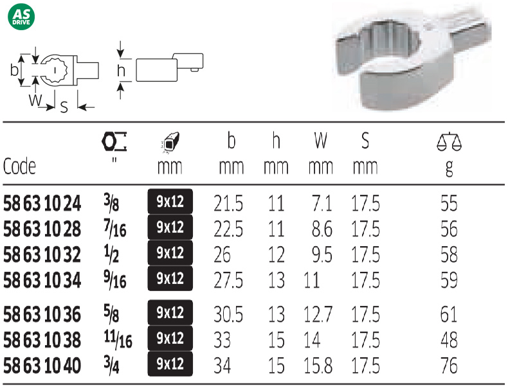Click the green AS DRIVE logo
21,17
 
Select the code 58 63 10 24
42,204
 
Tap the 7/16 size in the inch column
115,228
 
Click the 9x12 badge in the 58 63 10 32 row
170,253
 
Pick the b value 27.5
228,280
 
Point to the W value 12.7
318,314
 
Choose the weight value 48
449,340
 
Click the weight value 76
449,366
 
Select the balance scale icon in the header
449,141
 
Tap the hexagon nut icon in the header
114,141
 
